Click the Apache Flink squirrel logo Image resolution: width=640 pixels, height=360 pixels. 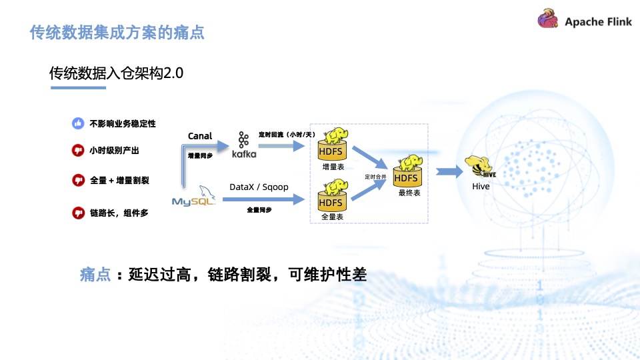pos(548,20)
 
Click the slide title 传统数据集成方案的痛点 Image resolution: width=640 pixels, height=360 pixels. pos(117,32)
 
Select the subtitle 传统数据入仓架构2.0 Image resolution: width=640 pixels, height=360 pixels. pos(116,73)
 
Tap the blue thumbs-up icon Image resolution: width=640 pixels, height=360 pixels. pos(78,123)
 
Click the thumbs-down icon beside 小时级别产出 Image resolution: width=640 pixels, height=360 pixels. pos(78,151)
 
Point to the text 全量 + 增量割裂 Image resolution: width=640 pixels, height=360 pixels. pos(120,180)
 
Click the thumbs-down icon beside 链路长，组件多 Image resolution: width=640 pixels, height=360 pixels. pos(78,213)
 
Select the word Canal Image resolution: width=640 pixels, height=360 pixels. pos(200,136)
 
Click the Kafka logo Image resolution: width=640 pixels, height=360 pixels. pos(243,145)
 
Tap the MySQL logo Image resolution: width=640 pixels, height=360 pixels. pos(193,199)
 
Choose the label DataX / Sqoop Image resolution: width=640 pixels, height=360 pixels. pos(259,187)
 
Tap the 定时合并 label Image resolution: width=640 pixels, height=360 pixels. pos(375,177)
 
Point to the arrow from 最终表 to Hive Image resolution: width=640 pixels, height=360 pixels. pos(450,171)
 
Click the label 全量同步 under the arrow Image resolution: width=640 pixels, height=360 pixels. pos(259,210)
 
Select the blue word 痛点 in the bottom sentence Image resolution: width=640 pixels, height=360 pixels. pos(95,275)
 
